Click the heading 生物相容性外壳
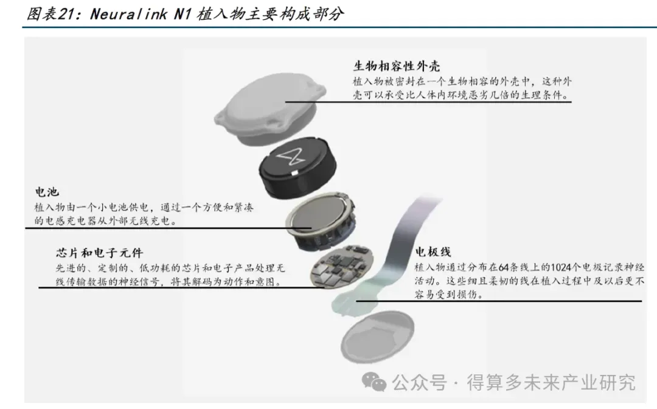(397, 66)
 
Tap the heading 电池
(47, 193)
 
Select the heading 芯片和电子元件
(99, 253)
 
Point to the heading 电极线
(433, 252)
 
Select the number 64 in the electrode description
(503, 267)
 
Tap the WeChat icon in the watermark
(374, 382)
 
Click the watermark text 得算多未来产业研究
(551, 382)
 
